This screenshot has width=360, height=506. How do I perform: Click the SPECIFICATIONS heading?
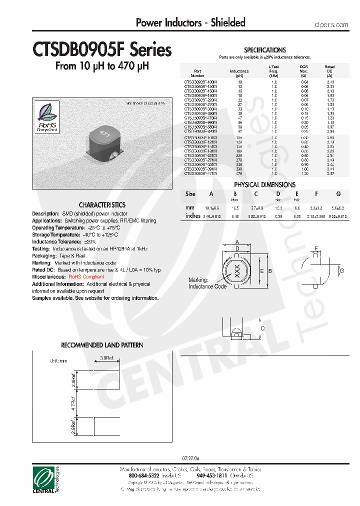(x=264, y=50)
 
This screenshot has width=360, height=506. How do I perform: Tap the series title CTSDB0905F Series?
(x=102, y=50)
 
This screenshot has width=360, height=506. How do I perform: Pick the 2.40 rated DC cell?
(x=330, y=81)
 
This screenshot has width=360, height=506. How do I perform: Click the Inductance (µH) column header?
(x=239, y=73)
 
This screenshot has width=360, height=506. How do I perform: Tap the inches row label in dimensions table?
(x=193, y=216)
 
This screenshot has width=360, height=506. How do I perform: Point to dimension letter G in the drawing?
(x=341, y=270)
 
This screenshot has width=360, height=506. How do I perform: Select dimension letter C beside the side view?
(x=262, y=328)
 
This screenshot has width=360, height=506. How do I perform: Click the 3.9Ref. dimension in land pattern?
(x=106, y=358)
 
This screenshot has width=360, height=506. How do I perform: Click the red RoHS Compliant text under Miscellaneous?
(x=86, y=276)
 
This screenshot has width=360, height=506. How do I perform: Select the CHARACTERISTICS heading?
(x=102, y=205)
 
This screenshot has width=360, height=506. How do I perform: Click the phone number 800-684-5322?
(x=138, y=476)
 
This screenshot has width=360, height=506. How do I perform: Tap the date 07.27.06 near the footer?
(x=189, y=458)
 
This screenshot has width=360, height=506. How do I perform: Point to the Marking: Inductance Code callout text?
(x=207, y=283)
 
